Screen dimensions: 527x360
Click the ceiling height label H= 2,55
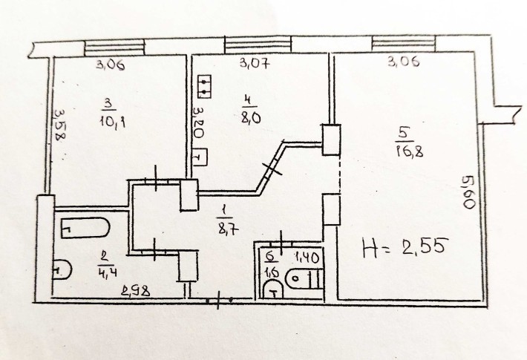405,248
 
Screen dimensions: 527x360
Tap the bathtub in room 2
85,228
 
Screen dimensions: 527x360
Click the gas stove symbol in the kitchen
204,86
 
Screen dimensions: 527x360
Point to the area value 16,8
410,151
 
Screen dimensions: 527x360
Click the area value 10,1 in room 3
112,121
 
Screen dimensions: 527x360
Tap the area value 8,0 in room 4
250,117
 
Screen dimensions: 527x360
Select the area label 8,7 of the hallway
229,229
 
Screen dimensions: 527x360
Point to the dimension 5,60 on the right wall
468,192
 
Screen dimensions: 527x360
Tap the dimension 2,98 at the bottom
136,291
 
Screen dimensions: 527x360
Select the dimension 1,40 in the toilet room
307,258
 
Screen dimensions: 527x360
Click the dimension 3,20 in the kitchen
199,122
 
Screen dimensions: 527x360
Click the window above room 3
114,48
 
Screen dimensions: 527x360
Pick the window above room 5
403,44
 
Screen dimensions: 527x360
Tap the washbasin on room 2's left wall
62,269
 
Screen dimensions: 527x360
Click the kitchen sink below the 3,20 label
200,157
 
